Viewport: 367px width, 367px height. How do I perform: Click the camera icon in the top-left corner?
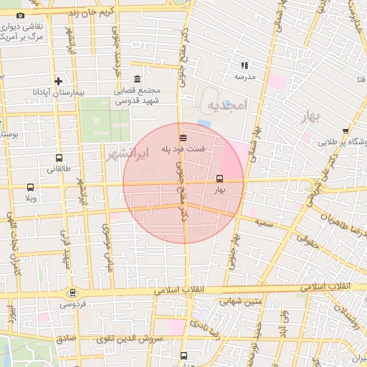click(x=20, y=16)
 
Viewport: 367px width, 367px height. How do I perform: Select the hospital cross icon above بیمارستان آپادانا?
click(x=59, y=82)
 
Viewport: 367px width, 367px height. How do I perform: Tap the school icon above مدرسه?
click(x=244, y=65)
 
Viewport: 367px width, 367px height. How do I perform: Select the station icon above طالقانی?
click(x=59, y=158)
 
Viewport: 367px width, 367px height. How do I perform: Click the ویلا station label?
click(x=30, y=197)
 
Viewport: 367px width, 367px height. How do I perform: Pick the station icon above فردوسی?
click(x=72, y=292)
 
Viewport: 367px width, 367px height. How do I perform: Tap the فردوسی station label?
click(x=72, y=303)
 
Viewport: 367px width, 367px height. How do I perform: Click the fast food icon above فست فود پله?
click(x=184, y=137)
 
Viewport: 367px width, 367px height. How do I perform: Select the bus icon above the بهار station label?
click(x=219, y=179)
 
